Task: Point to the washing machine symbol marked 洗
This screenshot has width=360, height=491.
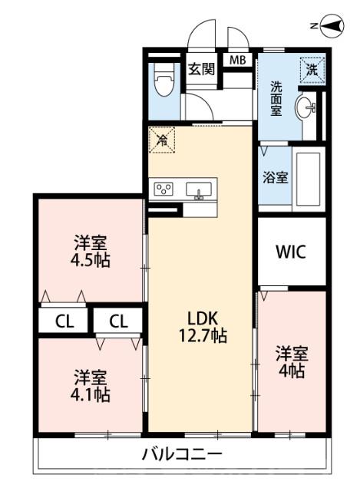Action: (312, 68)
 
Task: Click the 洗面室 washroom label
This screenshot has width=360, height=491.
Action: (276, 98)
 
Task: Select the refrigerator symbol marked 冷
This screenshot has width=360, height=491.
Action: (162, 140)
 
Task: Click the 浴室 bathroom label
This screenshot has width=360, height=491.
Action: (276, 177)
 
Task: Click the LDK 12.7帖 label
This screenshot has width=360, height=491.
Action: (200, 326)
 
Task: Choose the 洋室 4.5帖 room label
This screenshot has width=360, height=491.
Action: (91, 251)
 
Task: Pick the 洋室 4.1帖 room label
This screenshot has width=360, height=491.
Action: (91, 386)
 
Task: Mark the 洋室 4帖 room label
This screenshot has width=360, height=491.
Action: (292, 362)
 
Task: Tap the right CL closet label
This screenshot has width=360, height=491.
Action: (117, 320)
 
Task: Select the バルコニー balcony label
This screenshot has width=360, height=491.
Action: (182, 454)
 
